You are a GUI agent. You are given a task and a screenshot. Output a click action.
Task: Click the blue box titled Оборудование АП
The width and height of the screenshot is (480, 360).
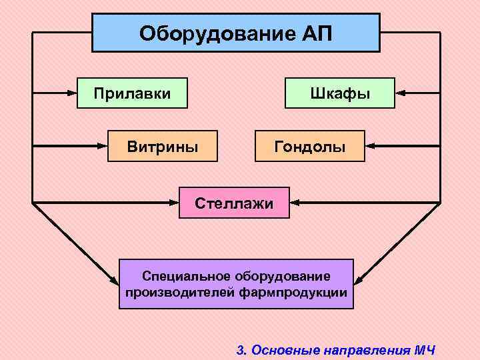click(x=235, y=33)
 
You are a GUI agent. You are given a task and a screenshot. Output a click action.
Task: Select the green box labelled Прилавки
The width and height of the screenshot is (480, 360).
click(x=132, y=93)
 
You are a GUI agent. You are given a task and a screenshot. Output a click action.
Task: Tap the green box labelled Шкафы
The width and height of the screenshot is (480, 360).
click(x=339, y=93)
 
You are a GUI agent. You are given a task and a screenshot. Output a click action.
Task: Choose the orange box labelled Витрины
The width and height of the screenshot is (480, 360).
click(x=163, y=145)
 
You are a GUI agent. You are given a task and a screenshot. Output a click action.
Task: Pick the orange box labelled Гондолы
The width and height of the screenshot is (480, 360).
click(x=310, y=145)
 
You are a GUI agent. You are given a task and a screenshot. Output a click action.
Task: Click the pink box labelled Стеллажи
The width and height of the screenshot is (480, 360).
click(x=234, y=202)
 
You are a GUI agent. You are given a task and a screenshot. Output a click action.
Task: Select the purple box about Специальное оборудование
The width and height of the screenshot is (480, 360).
click(x=236, y=283)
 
